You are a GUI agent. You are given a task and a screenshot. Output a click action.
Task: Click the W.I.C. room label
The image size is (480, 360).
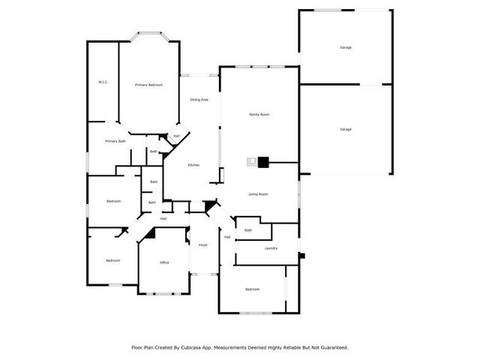[x=103, y=82]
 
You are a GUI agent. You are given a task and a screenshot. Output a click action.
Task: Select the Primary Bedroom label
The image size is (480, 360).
[x=148, y=85]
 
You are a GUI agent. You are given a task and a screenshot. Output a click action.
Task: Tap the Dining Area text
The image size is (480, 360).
[x=199, y=100]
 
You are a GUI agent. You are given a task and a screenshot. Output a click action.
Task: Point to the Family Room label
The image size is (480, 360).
[x=259, y=115]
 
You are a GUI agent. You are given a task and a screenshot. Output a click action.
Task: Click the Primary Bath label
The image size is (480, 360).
[x=115, y=141]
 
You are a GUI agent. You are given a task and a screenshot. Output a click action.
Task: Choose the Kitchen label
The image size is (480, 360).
[x=193, y=165]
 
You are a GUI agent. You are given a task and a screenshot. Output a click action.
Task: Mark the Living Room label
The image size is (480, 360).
[x=259, y=194]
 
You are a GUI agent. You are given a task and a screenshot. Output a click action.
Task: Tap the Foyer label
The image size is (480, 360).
[x=202, y=245]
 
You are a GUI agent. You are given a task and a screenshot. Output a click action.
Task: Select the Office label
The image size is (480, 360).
[x=164, y=262]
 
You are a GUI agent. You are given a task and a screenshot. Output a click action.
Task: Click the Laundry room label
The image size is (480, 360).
[x=271, y=248]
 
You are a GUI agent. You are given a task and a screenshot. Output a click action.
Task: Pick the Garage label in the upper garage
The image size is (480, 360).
[x=346, y=47]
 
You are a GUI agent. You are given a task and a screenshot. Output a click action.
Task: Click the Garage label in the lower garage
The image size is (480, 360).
[x=346, y=130]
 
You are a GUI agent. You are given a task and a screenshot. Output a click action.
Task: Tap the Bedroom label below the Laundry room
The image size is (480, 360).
[x=252, y=289]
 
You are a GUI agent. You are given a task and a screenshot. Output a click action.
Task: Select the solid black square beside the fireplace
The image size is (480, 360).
[x=263, y=161]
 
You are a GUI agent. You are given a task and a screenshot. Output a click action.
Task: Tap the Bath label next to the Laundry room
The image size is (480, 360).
[x=247, y=230]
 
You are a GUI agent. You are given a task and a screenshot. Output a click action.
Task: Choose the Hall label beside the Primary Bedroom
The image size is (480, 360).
[x=176, y=136]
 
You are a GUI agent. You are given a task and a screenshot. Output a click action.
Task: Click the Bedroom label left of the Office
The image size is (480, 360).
[x=112, y=260]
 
